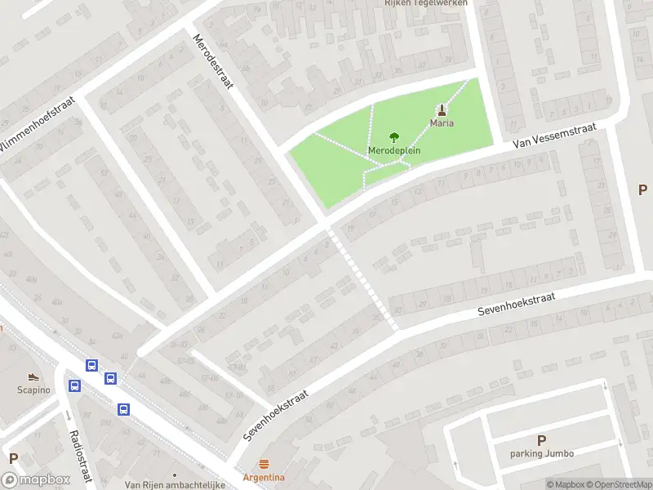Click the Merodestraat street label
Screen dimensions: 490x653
[x=213, y=62]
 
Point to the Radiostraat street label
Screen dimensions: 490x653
[x=81, y=457]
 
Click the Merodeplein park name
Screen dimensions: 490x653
[x=394, y=152]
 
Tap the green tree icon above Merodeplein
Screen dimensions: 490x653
[x=394, y=137]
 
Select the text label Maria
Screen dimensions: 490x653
[x=442, y=123]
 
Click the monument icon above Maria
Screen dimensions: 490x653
[x=442, y=109]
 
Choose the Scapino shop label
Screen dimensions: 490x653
[x=33, y=390]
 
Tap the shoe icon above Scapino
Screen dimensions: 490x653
[x=33, y=376]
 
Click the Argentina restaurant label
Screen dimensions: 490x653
[x=263, y=477]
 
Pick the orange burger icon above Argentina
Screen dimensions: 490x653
[x=263, y=464]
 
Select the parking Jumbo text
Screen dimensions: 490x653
[x=541, y=453]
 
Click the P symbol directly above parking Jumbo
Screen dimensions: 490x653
[x=541, y=439]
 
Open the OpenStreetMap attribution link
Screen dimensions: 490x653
[x=618, y=484]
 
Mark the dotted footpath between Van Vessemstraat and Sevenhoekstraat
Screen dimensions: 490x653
[x=363, y=279]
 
